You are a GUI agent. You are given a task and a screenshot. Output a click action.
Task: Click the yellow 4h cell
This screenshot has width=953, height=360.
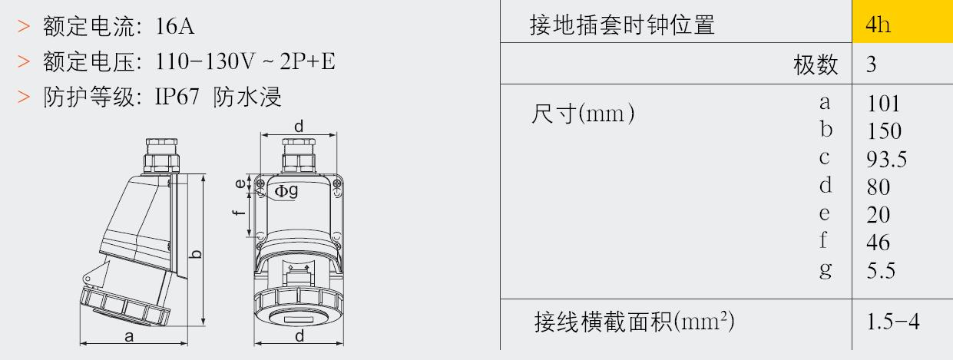(902, 21)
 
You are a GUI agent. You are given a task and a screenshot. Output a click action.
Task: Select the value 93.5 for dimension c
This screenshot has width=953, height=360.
(887, 159)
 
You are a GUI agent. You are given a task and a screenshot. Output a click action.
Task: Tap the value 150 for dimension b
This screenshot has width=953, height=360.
(884, 131)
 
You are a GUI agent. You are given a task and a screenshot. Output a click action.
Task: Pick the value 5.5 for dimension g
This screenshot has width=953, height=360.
(881, 270)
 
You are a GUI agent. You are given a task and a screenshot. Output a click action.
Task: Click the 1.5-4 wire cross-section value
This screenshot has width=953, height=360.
(893, 322)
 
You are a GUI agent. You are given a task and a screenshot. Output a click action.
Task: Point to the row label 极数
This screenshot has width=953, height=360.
(816, 64)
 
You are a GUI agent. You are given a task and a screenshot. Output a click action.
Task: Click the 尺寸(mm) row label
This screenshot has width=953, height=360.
(583, 114)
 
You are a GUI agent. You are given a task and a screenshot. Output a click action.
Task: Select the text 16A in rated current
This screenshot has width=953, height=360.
(175, 26)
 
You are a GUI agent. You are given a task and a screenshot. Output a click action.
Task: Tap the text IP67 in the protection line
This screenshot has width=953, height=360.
(177, 97)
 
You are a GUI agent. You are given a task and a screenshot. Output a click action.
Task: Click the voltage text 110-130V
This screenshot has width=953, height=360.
(205, 61)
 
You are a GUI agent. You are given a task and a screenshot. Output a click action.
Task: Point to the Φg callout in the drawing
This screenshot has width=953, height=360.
(286, 191)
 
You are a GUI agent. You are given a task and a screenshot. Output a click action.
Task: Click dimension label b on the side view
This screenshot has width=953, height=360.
(195, 254)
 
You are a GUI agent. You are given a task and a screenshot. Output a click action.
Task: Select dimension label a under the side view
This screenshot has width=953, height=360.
(129, 337)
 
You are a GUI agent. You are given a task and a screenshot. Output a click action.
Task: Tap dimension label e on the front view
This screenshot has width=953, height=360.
(240, 183)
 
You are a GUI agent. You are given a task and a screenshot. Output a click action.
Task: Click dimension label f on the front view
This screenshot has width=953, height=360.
(240, 212)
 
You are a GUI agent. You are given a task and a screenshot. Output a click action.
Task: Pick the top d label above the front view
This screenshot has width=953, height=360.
(299, 126)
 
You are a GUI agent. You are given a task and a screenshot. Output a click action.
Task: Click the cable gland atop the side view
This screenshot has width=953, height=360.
(162, 156)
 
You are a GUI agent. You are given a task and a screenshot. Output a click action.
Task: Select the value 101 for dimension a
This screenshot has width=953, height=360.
(883, 104)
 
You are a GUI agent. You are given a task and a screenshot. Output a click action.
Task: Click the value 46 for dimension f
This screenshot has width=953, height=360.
(878, 243)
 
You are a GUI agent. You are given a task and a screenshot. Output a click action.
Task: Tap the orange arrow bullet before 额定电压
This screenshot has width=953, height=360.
(24, 61)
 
